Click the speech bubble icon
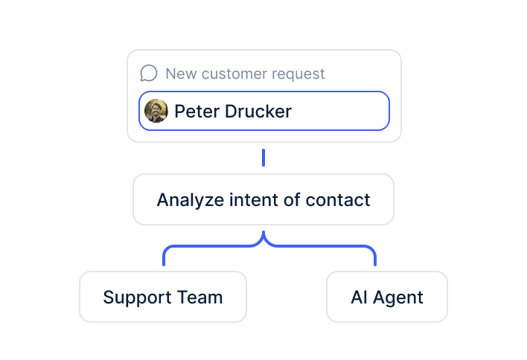click(149, 73)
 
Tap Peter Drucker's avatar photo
click(156, 111)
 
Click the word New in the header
click(180, 74)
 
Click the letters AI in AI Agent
click(359, 298)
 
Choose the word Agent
click(398, 298)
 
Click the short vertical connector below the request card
click(263, 158)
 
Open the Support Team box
click(163, 297)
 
